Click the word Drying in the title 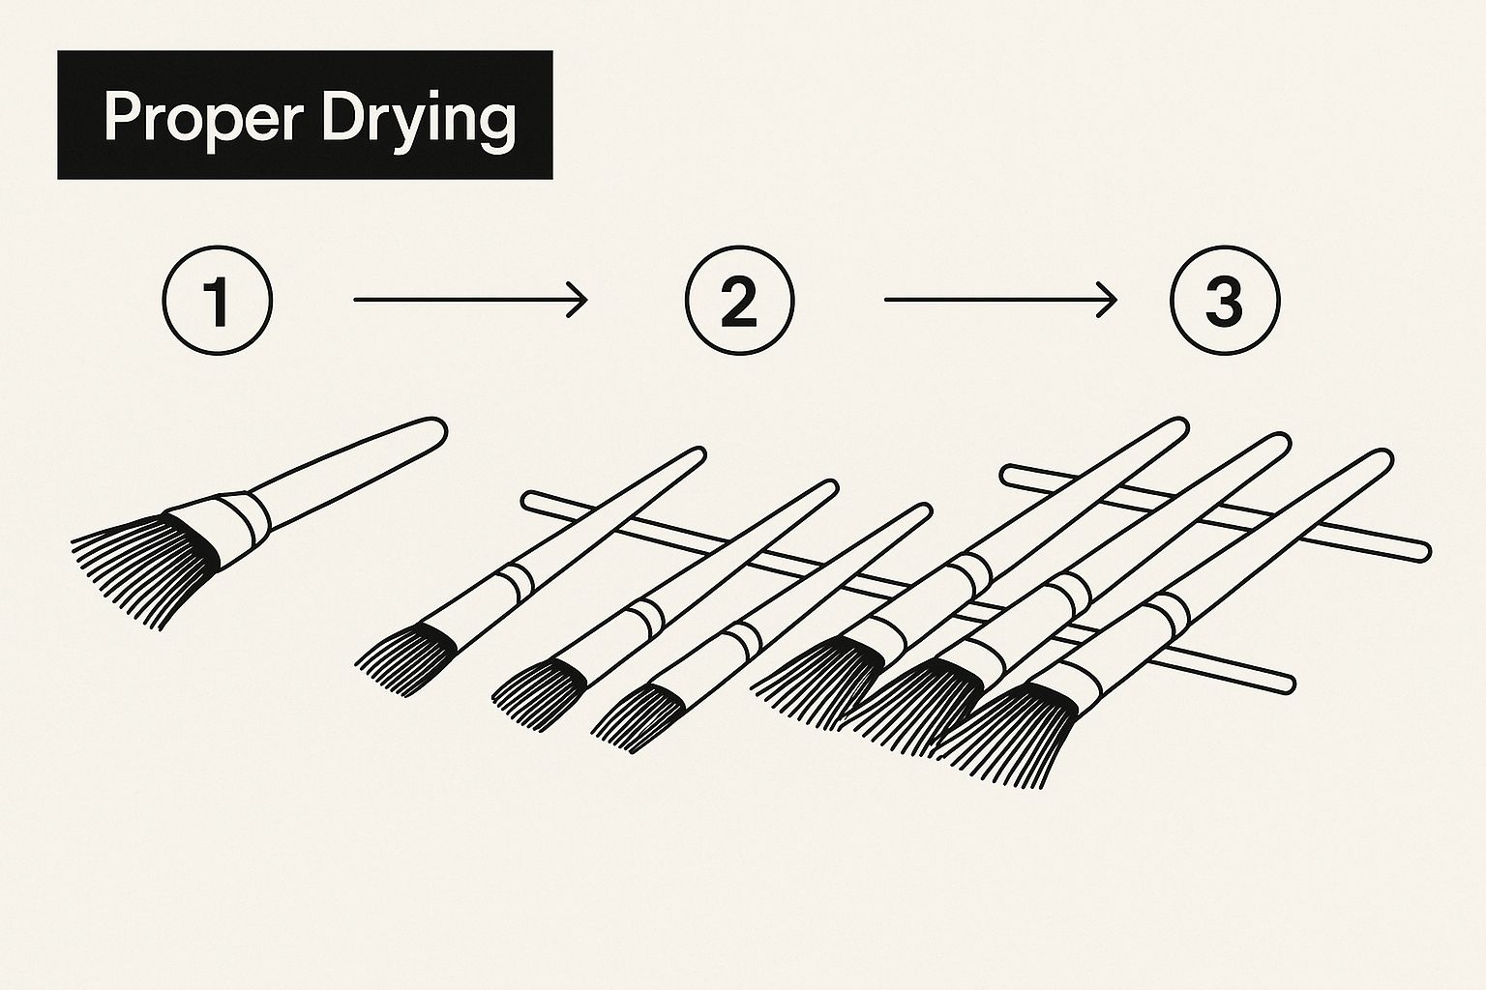click(420, 120)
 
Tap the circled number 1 click(218, 301)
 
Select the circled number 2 click(740, 301)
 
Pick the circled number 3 click(1225, 301)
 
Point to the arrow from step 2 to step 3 click(1000, 300)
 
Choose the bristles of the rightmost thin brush click(637, 717)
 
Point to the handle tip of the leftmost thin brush click(697, 455)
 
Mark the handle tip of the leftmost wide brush click(1177, 428)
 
